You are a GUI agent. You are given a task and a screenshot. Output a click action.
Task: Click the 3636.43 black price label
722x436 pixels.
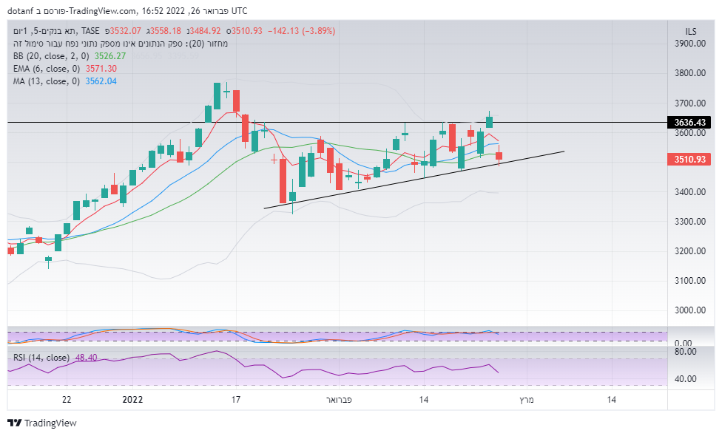point(686,122)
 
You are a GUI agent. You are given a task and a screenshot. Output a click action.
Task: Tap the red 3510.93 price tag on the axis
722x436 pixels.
point(686,159)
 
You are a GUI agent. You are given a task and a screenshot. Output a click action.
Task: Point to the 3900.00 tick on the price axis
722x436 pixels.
point(690,44)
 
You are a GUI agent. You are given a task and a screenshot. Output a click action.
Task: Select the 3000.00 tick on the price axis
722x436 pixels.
point(690,310)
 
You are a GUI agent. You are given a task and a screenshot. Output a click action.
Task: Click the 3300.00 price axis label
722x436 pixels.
point(690,222)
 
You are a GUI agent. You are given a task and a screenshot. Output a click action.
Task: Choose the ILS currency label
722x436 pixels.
point(691,30)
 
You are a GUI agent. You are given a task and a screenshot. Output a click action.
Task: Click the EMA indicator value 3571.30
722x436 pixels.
point(101,69)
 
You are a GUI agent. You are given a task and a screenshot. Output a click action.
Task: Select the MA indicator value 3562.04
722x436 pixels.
point(101,81)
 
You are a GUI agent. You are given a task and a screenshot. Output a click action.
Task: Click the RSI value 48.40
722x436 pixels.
point(86,358)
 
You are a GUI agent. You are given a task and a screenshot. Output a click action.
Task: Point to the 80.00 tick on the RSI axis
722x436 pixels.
point(685,352)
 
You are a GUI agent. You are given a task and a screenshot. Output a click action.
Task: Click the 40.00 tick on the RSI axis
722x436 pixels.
point(685,379)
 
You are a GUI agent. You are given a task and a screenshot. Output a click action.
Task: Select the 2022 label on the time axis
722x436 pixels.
point(132,400)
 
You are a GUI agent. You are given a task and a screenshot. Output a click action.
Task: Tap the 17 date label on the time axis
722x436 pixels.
point(236,400)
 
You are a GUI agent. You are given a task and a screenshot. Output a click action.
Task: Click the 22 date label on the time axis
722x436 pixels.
point(67,400)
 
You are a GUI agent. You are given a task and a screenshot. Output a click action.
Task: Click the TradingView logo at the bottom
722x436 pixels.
point(42,423)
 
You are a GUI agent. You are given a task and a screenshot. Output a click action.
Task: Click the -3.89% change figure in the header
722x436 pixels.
point(315,31)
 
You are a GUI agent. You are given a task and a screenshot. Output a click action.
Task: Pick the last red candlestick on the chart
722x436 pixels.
point(499,156)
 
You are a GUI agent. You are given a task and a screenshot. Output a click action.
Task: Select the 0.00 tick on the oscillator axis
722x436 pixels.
point(683,344)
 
